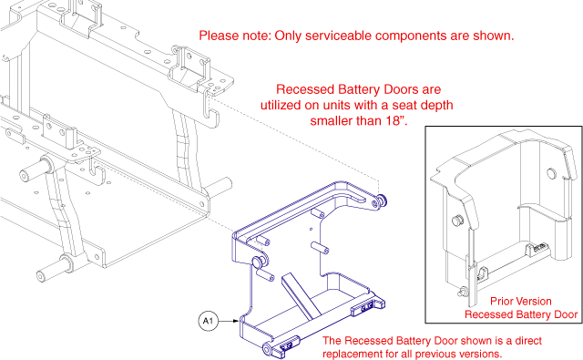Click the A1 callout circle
[207, 321]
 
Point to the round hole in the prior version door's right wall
[550, 173]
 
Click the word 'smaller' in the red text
[338, 120]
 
